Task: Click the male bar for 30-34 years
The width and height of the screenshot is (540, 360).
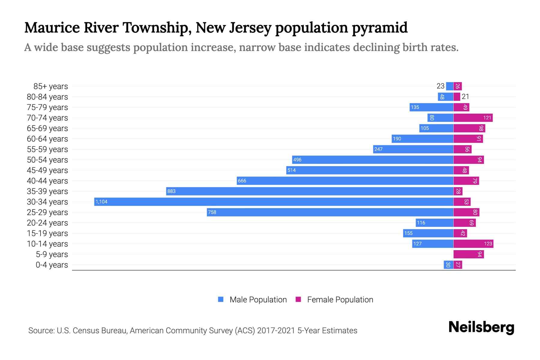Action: (274, 202)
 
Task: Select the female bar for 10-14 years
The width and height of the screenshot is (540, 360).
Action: (473, 244)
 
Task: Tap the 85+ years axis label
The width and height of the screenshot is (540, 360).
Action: (50, 86)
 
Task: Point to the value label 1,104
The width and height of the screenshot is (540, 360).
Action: (101, 202)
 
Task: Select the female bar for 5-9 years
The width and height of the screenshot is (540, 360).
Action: (468, 254)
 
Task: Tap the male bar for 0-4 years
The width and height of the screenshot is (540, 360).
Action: (448, 265)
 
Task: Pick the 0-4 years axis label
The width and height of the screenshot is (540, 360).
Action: (52, 265)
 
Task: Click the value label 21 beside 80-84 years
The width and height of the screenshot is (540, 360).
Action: (465, 97)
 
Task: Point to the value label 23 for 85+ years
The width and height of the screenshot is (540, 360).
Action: (440, 86)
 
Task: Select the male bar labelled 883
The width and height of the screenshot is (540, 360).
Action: (310, 191)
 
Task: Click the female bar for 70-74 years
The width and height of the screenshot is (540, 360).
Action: (473, 118)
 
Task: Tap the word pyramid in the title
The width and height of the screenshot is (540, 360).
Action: (379, 28)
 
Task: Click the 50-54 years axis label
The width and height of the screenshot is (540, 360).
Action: (47, 160)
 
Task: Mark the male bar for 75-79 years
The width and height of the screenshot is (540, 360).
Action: (431, 107)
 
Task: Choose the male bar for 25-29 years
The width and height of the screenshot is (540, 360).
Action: (330, 212)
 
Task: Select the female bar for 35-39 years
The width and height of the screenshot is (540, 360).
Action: (458, 191)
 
